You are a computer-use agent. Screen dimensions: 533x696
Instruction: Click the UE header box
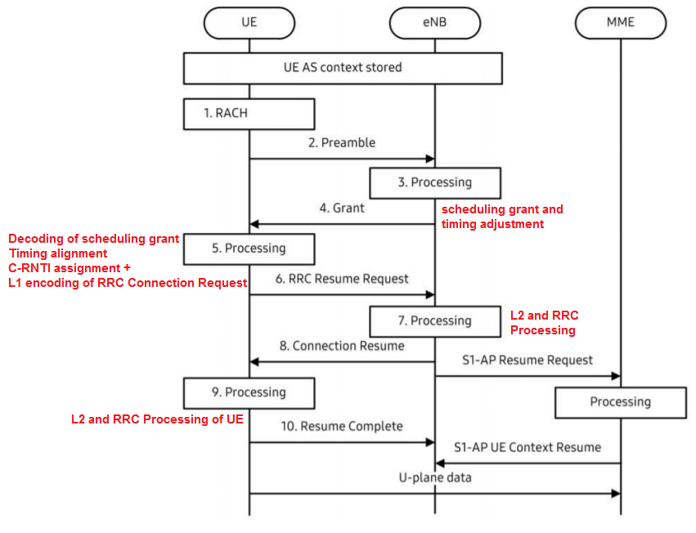pyautogui.click(x=249, y=23)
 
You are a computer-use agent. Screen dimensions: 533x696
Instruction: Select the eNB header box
pyautogui.click(x=434, y=23)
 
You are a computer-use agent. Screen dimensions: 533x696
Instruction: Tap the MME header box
pyautogui.click(x=620, y=23)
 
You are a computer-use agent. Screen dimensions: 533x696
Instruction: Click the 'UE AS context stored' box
pyautogui.click(x=342, y=68)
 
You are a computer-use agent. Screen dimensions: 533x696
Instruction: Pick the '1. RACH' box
pyautogui.click(x=249, y=114)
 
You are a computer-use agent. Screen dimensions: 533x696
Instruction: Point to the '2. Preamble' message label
pyautogui.click(x=342, y=143)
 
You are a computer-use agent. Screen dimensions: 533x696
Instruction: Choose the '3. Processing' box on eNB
pyautogui.click(x=434, y=182)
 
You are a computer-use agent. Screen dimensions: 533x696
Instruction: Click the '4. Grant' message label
pyautogui.click(x=342, y=208)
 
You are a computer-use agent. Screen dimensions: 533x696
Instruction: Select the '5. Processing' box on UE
pyautogui.click(x=249, y=248)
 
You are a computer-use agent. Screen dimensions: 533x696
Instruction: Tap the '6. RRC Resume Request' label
pyautogui.click(x=342, y=279)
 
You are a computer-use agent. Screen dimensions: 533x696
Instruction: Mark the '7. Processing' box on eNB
pyautogui.click(x=434, y=320)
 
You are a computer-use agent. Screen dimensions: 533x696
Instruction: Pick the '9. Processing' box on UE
pyautogui.click(x=249, y=392)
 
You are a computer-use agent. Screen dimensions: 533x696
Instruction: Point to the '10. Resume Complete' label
pyautogui.click(x=342, y=427)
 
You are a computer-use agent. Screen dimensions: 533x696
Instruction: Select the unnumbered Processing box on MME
pyautogui.click(x=620, y=402)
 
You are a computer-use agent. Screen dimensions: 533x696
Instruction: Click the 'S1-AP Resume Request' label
pyautogui.click(x=528, y=361)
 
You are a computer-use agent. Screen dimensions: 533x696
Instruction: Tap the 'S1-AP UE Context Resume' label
pyautogui.click(x=528, y=447)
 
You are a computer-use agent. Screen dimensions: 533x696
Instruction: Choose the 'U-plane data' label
pyautogui.click(x=435, y=477)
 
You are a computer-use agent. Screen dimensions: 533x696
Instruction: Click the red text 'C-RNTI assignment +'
pyautogui.click(x=70, y=268)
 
